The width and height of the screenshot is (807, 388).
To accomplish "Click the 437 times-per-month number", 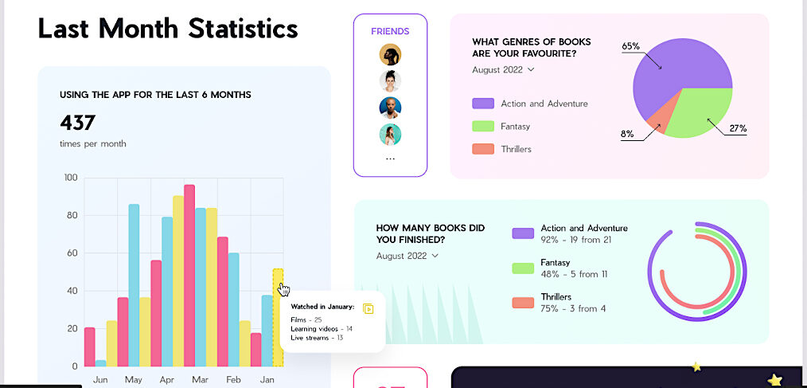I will coord(78,123).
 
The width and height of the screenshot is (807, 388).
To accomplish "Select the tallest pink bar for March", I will coord(189,275).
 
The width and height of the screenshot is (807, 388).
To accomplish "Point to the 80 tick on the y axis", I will coord(71,215).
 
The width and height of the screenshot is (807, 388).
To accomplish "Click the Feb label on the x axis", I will coord(234,380).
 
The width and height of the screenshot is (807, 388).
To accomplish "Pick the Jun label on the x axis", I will coord(100,380).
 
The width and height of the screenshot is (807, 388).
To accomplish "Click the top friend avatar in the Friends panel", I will coord(390,54).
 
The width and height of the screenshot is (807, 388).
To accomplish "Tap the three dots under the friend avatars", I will coord(390,159).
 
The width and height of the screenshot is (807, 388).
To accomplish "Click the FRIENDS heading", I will coord(390,31).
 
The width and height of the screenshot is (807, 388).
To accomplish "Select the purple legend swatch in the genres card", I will coord(483,104).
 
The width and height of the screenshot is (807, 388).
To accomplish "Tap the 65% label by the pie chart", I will coord(630,46).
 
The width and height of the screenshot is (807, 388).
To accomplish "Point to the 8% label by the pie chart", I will coord(627,134).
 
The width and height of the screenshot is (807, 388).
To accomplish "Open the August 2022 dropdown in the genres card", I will coord(503,69).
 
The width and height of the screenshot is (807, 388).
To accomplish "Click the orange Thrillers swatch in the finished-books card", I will coord(523,303).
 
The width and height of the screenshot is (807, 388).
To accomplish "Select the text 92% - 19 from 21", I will coord(576,239).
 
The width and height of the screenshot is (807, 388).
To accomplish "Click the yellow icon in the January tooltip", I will coord(368,308).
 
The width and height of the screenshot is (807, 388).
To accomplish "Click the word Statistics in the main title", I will coord(243,29).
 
